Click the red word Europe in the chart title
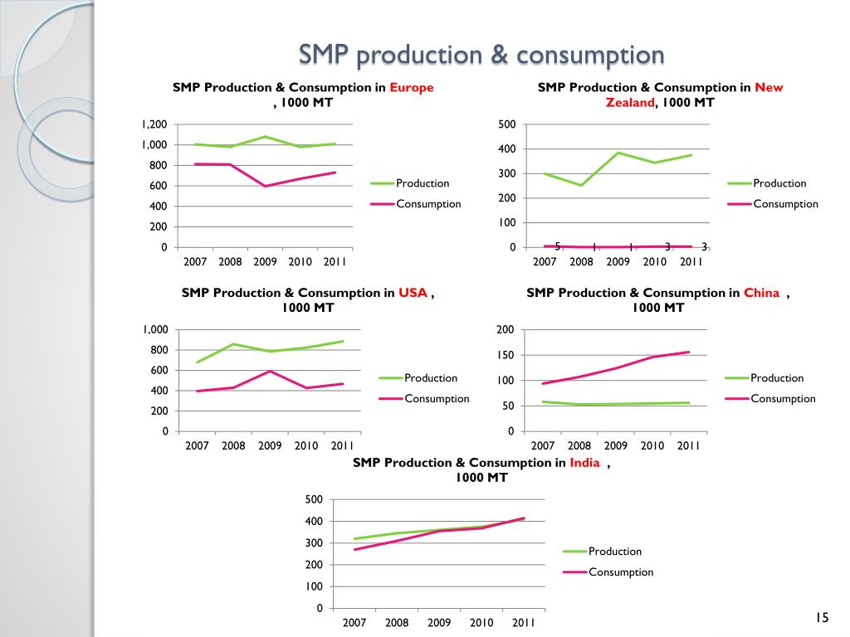click(412, 87)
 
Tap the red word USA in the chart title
click(413, 293)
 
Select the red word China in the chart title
click(761, 293)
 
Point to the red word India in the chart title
click(584, 463)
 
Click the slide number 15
click(822, 617)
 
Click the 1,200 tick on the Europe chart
click(154, 124)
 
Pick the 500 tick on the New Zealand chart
click(507, 124)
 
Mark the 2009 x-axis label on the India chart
click(439, 622)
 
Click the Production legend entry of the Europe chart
click(423, 183)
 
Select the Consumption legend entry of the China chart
click(783, 398)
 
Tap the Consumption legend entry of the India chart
click(621, 571)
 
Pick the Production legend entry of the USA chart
click(431, 378)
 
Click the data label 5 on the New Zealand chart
click(558, 246)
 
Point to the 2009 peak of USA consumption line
click(270, 371)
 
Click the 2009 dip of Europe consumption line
click(266, 186)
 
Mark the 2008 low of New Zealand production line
click(581, 185)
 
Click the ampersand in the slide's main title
click(498, 56)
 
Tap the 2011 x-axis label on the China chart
click(689, 445)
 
